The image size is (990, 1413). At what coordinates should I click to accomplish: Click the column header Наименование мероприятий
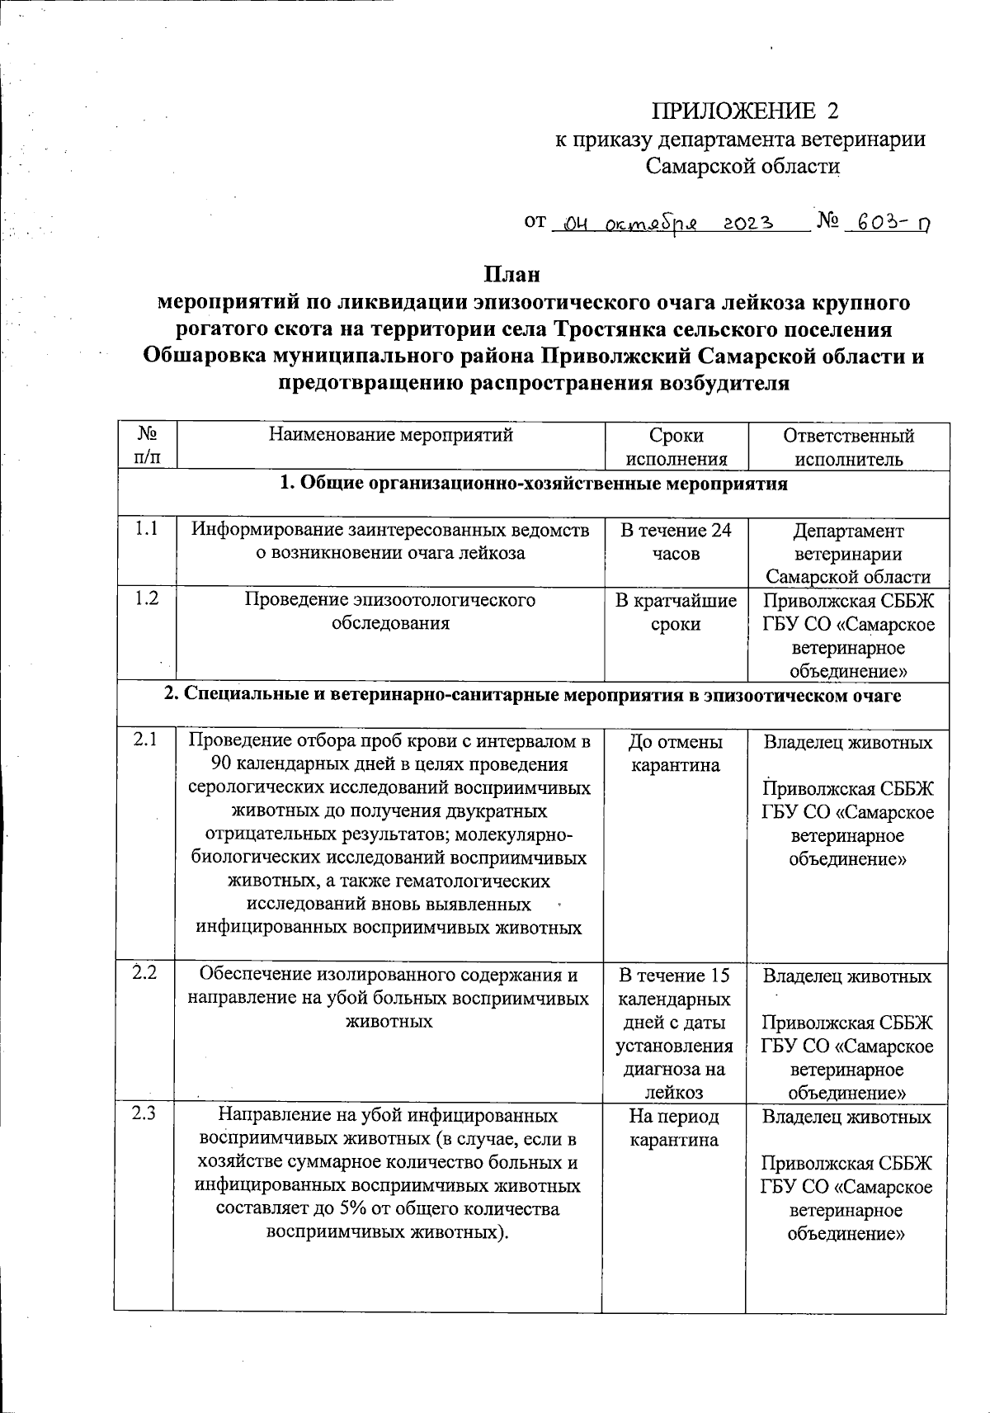391,436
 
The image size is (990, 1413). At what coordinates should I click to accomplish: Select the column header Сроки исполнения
676,447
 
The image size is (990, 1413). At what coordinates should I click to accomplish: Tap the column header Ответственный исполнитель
849,447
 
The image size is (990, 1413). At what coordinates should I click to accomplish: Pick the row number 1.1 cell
146,530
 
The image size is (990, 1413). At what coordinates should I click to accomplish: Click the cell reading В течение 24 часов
676,541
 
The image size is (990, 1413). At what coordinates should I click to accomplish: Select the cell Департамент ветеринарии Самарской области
848,553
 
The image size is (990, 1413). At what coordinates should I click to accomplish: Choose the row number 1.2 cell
146,600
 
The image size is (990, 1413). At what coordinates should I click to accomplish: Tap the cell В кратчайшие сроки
676,612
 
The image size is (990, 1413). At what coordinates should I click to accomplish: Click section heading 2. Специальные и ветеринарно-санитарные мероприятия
532,696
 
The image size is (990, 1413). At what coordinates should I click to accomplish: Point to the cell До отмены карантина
676,754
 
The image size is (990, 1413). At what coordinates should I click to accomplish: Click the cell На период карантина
675,1128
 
